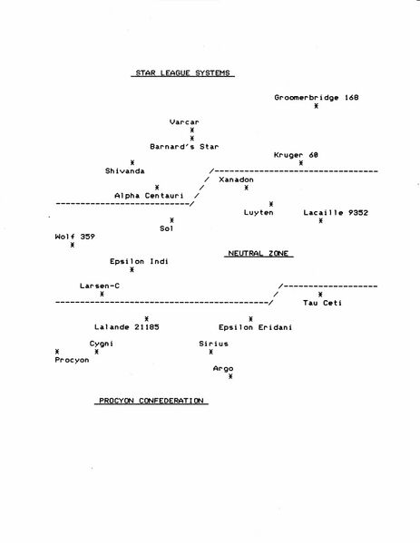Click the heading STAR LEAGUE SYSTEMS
182,73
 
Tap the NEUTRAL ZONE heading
259,254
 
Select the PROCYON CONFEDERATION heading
151,401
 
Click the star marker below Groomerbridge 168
316,106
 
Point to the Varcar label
184,121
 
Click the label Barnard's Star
184,147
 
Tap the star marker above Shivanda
132,162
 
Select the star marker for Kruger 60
301,163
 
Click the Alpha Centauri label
149,196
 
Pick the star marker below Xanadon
246,188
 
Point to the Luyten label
259,212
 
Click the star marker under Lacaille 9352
320,220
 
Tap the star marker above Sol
171,220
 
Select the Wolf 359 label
75,237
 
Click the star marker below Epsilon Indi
132,270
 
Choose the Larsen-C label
100,286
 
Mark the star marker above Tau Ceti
320,295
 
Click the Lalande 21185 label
127,327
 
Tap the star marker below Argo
230,376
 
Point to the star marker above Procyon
57,352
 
